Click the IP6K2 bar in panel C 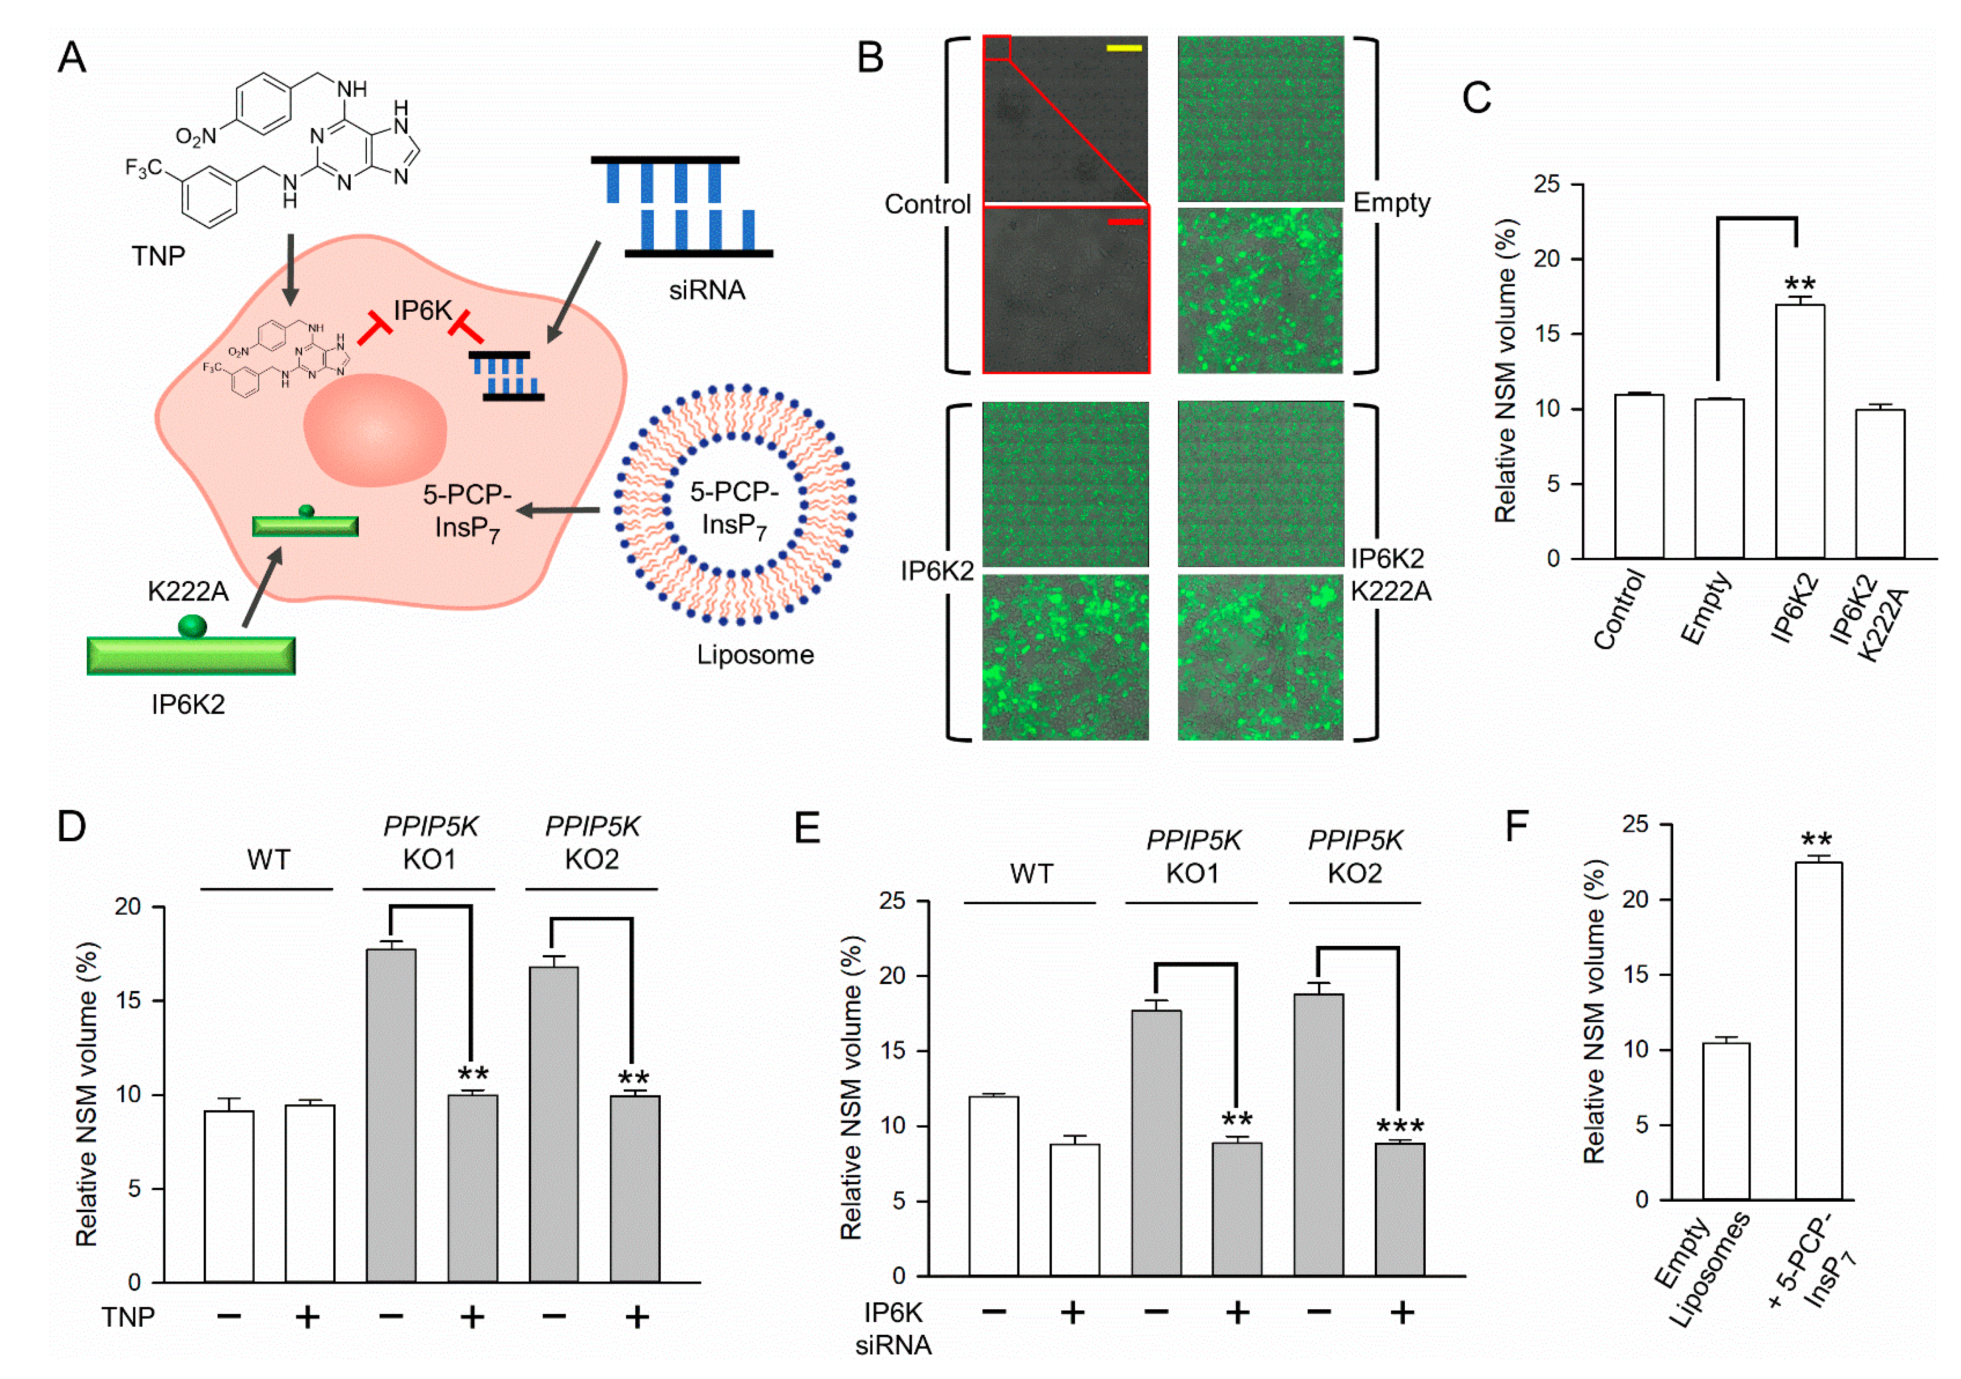[1800, 431]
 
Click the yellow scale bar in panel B [1124, 49]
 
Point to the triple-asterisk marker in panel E [1400, 1127]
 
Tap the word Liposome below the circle [755, 655]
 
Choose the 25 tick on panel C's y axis [1546, 184]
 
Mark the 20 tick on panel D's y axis [128, 907]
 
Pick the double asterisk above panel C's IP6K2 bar [1800, 284]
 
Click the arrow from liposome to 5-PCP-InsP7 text [559, 510]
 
